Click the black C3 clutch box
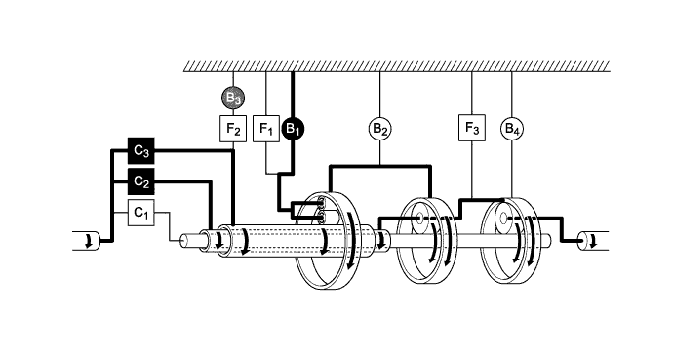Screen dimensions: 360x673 click(x=141, y=151)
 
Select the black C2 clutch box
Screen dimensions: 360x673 click(x=141, y=181)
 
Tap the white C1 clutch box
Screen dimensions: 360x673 click(x=141, y=211)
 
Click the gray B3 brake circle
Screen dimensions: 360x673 click(x=233, y=98)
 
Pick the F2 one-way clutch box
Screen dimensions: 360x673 click(x=233, y=128)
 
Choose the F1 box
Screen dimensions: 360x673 click(x=266, y=128)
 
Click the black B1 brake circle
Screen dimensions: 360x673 click(x=294, y=128)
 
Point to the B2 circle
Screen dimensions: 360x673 click(x=380, y=128)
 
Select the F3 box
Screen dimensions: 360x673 click(x=472, y=128)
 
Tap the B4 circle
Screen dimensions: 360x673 click(x=512, y=128)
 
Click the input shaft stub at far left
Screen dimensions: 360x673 click(x=88, y=240)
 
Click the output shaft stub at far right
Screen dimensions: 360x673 click(x=589, y=239)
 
